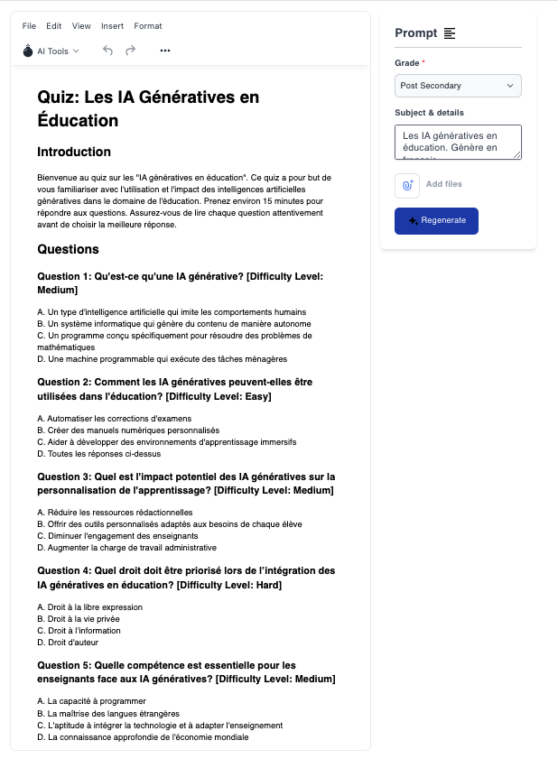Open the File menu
tap(29, 26)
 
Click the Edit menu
tap(54, 26)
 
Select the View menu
tap(81, 26)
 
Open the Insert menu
tap(112, 26)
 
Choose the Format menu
tap(148, 26)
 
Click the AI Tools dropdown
tap(51, 51)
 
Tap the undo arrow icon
tap(108, 51)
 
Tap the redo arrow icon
tap(131, 51)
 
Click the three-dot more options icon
tap(165, 51)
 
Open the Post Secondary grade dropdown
tap(458, 86)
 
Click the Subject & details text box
tap(458, 142)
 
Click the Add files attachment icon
tap(407, 184)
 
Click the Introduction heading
tap(74, 152)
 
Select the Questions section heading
tap(68, 249)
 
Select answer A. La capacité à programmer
tap(85, 701)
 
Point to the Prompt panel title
tap(415, 33)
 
